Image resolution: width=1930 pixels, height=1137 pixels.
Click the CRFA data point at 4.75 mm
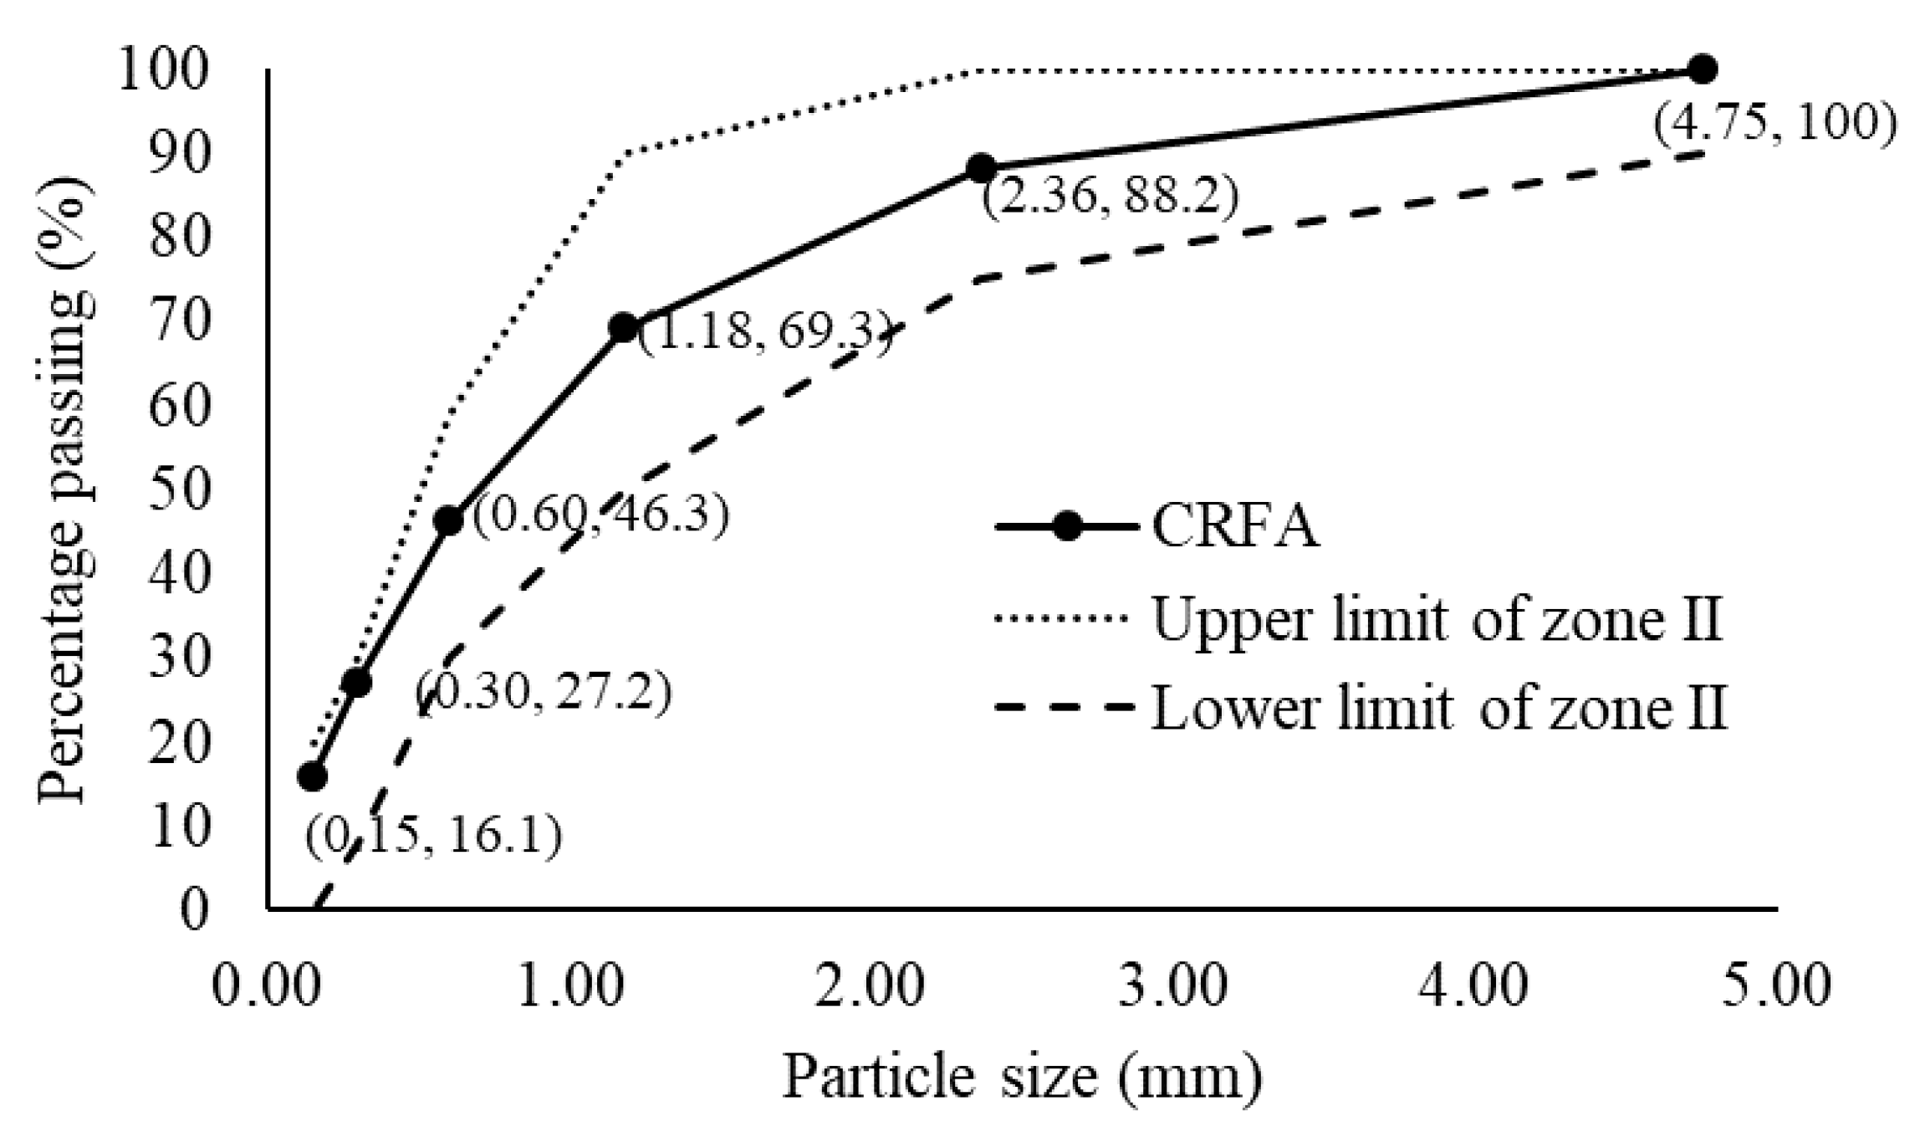coord(1702,69)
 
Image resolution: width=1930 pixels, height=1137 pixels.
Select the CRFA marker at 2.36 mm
coord(981,168)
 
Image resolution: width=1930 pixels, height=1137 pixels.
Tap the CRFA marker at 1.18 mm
coord(624,327)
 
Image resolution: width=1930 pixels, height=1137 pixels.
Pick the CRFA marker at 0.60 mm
coord(449,520)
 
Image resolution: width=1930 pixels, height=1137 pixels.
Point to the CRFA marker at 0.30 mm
coord(357,683)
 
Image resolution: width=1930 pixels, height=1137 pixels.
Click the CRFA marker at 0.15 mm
coord(312,776)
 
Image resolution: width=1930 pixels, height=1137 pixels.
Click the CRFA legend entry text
coord(1235,527)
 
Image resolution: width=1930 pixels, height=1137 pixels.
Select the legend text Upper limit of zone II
coord(1437,620)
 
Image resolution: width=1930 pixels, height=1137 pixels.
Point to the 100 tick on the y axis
coord(162,70)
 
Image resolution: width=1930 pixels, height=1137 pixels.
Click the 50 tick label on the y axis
coord(177,490)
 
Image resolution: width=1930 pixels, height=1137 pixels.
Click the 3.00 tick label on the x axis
coord(1174,986)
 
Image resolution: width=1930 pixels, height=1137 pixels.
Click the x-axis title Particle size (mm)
coord(1022,1078)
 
